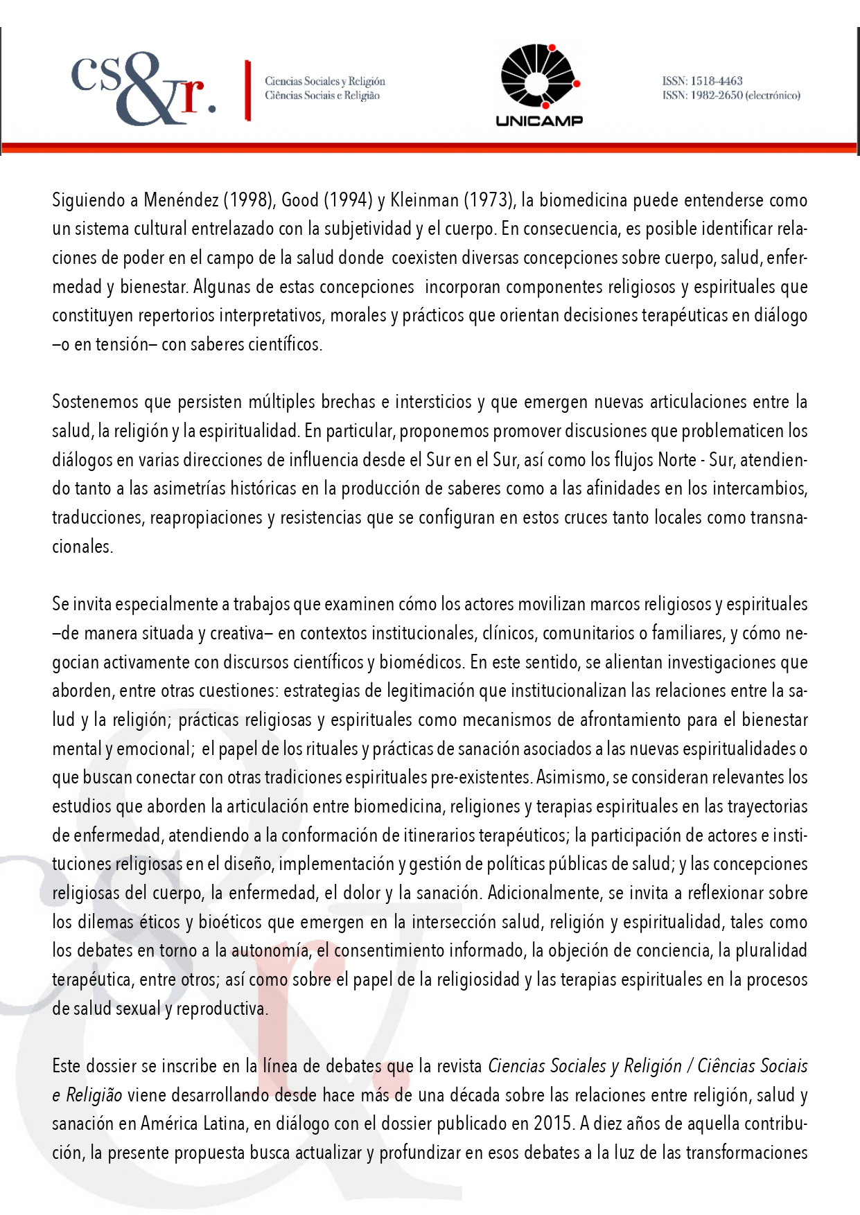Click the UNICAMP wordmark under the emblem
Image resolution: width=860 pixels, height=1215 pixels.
pos(539,121)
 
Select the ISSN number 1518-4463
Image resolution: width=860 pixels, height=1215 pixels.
pos(716,81)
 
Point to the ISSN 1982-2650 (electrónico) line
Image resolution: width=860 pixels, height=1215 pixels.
pos(731,96)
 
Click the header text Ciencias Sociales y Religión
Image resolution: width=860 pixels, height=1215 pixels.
pos(324,81)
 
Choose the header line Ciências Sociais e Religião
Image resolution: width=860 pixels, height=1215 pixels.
pos(322,96)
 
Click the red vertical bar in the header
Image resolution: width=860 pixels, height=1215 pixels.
pos(247,91)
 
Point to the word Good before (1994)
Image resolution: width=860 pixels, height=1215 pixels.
pos(300,200)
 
